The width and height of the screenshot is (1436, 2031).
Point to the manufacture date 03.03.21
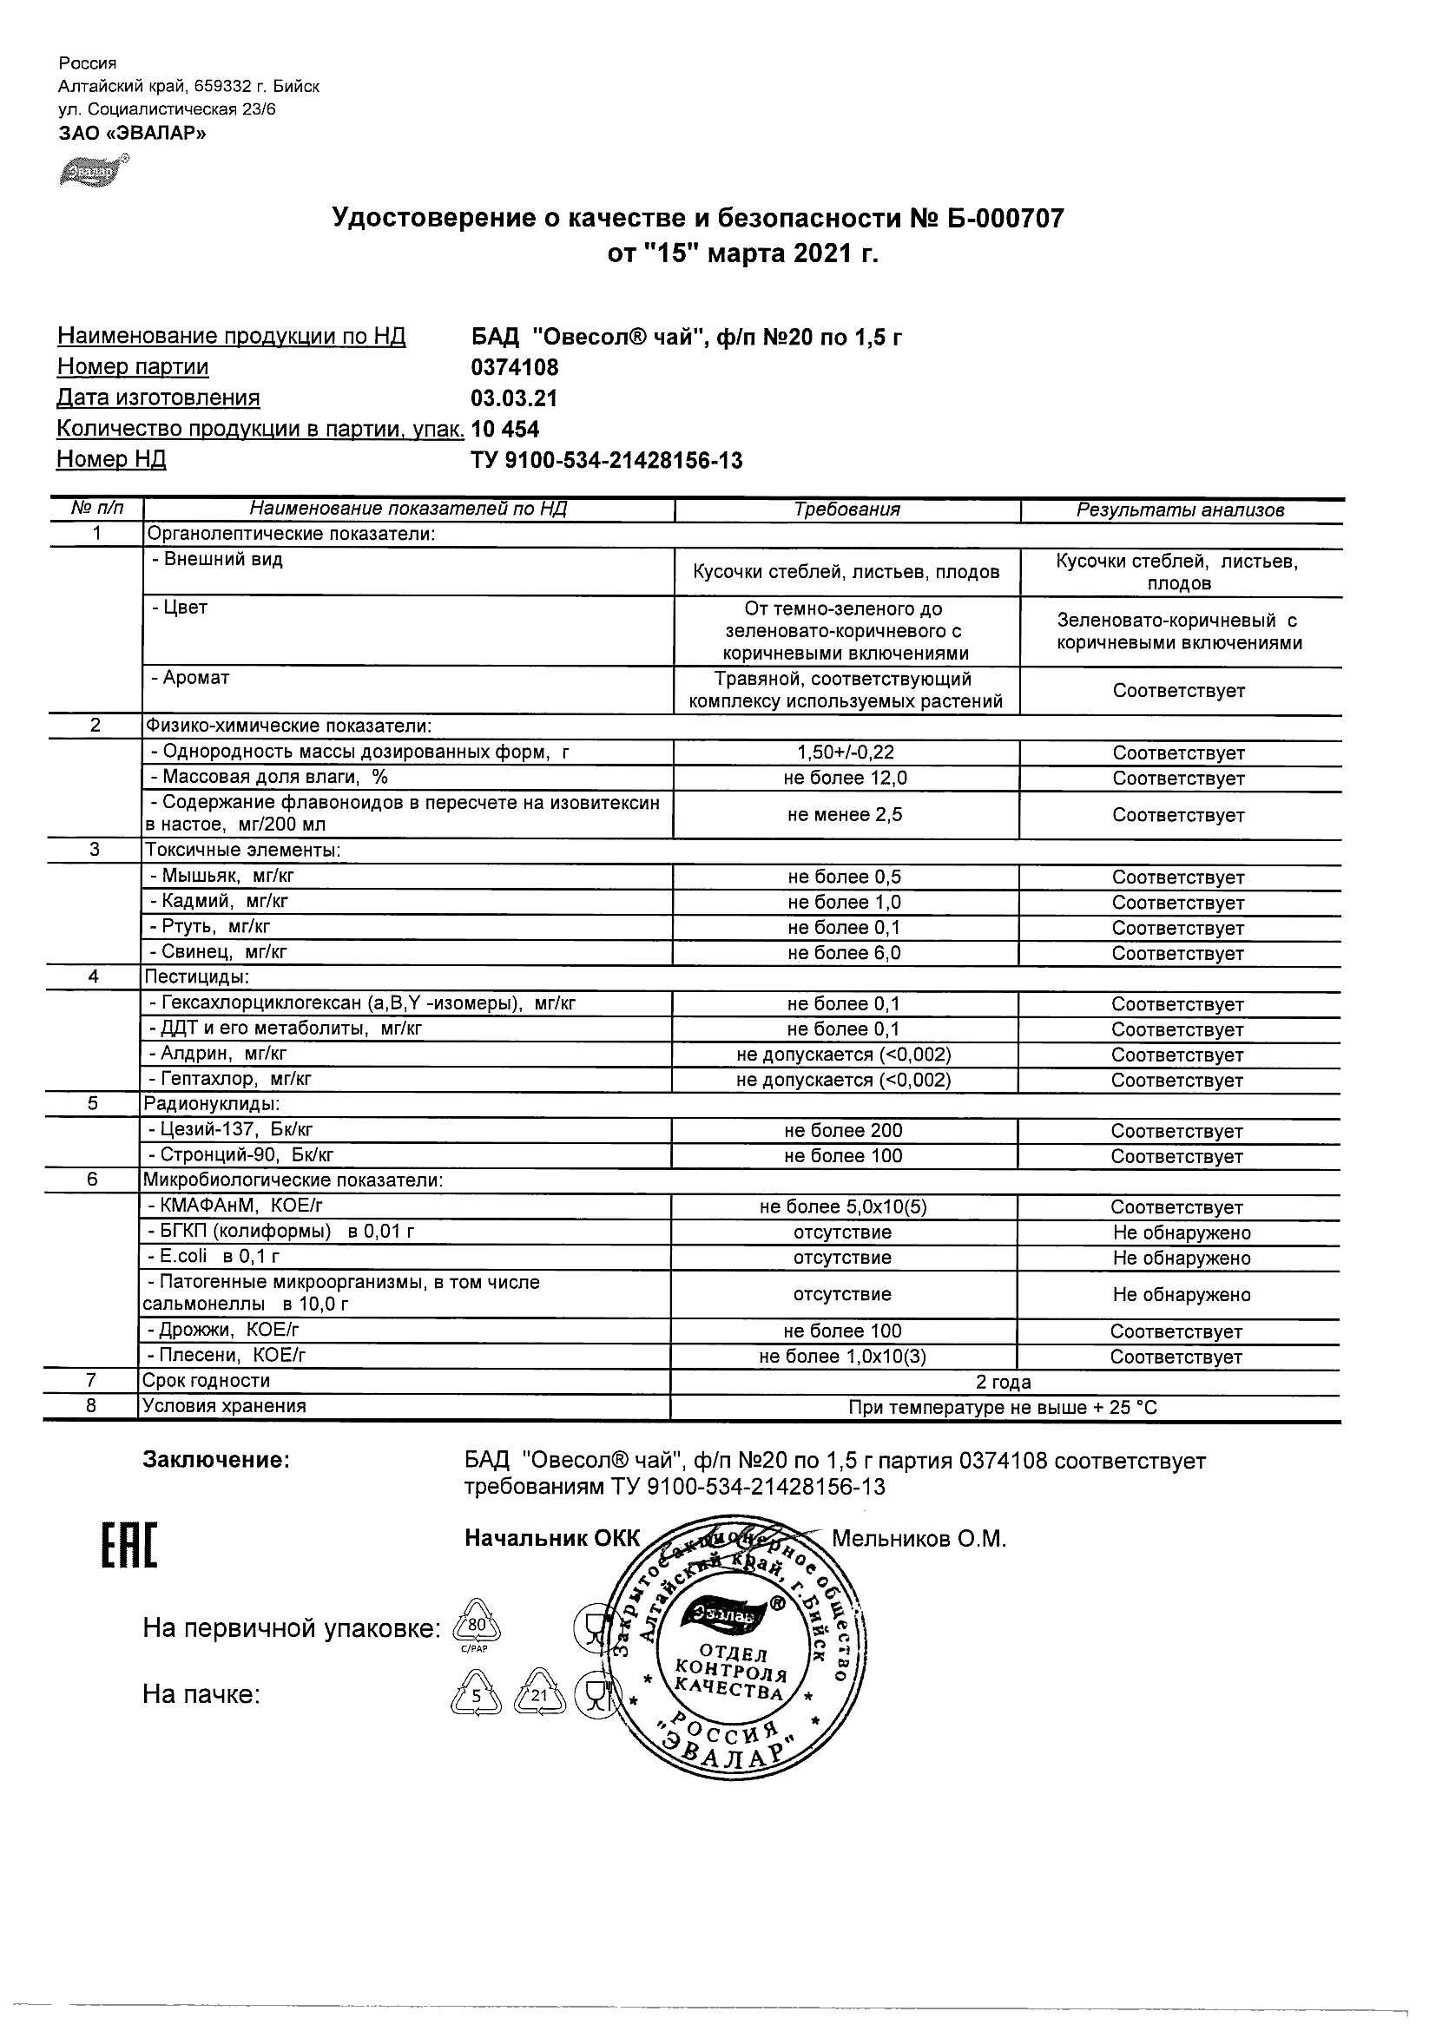coord(514,398)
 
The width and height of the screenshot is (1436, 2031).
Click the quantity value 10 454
coord(505,429)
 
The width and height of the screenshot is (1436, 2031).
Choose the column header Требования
coord(846,509)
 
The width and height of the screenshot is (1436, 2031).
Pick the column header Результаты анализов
coord(1179,510)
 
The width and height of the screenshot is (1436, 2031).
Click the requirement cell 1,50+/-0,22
coord(846,753)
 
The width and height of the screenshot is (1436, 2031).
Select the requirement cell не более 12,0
coord(846,779)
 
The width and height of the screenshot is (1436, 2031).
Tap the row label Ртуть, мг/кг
coord(210,926)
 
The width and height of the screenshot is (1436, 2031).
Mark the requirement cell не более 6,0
coord(845,953)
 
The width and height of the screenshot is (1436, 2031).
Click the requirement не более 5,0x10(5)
coord(843,1206)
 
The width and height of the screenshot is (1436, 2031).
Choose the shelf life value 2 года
coord(1004,1382)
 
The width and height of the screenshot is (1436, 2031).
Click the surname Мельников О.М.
coord(919,1539)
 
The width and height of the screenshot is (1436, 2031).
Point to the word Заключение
coord(216,1461)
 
